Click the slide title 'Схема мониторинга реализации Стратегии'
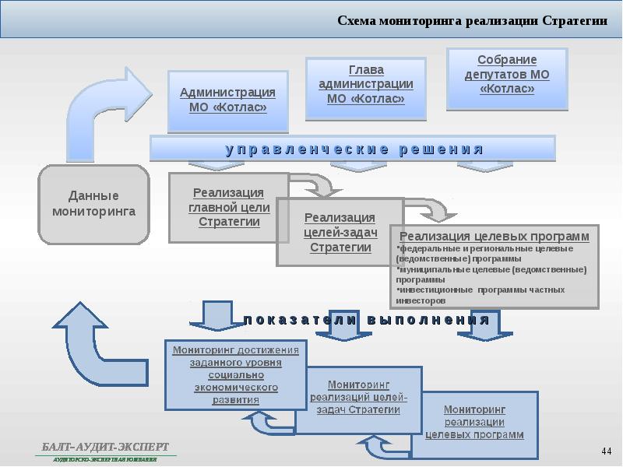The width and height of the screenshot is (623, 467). coord(473,21)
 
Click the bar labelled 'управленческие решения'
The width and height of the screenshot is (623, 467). coord(353,149)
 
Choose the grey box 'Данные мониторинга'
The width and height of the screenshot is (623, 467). coord(93,202)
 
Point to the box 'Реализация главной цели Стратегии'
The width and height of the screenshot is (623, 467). coord(228,207)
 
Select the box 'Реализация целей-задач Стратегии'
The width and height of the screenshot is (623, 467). coord(340,232)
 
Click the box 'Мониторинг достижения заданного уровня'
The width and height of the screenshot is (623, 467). coord(236,374)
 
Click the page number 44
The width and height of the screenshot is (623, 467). coord(607,452)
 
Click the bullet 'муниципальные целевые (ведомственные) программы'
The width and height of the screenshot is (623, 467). coord(491,273)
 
